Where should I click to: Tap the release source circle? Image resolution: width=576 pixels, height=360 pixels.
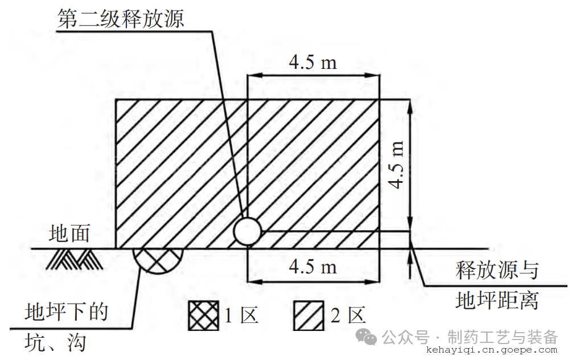[x=247, y=231]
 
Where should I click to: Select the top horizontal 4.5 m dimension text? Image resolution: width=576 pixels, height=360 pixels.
[x=312, y=62]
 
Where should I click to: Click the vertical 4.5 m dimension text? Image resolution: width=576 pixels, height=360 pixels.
[x=396, y=165]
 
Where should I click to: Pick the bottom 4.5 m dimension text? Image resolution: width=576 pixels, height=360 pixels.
[x=312, y=267]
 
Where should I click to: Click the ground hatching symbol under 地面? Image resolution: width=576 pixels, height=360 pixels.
[x=75, y=260]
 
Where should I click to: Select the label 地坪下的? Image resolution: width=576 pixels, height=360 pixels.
[x=67, y=312]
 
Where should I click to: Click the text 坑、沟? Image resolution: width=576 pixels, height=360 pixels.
[x=55, y=343]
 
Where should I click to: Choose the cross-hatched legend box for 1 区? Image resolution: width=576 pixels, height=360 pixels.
[x=203, y=316]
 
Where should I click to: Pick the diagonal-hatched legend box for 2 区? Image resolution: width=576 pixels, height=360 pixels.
[x=308, y=316]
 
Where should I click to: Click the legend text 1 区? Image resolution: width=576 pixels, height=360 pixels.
[x=241, y=316]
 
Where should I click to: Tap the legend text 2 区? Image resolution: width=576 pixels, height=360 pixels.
[x=348, y=316]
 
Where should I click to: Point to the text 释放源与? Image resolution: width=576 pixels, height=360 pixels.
[x=497, y=270]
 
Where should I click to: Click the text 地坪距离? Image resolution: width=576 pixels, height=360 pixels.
[x=497, y=300]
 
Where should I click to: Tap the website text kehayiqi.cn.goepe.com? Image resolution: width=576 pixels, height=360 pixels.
[x=492, y=350]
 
